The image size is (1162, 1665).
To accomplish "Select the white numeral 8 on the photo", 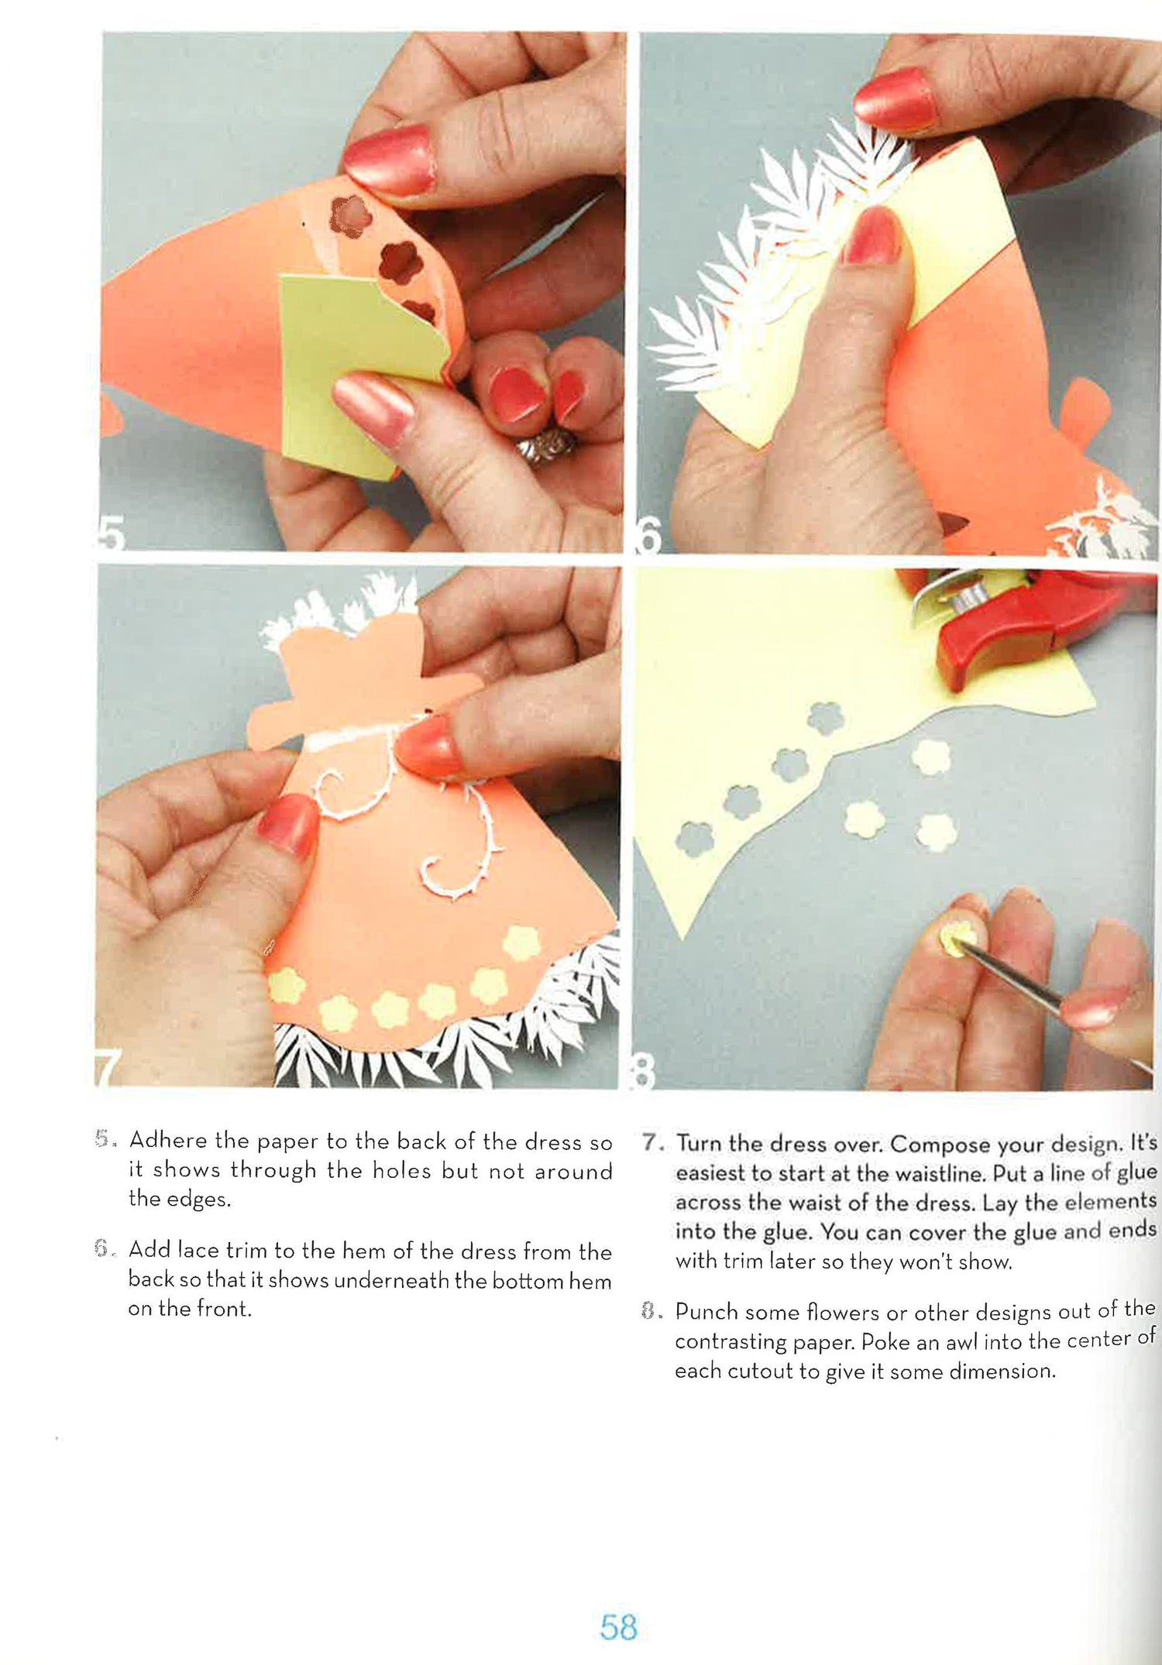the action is tap(645, 1072).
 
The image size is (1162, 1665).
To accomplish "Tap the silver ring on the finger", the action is tap(547, 448).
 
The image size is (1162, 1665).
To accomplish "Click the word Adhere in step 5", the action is tap(167, 1140).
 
